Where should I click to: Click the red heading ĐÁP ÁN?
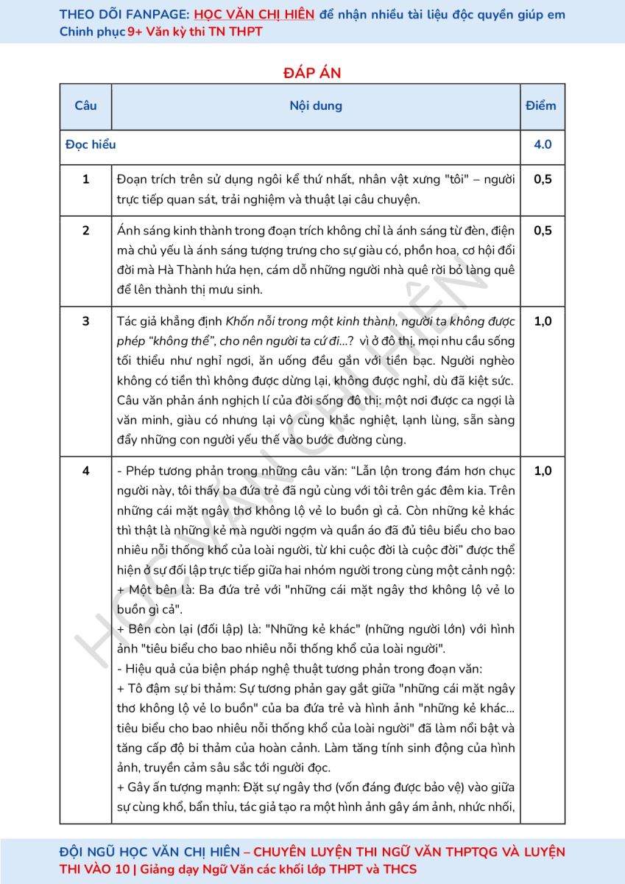pyautogui.click(x=312, y=72)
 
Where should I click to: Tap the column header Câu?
pyautogui.click(x=85, y=105)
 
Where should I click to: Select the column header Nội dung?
pyautogui.click(x=316, y=105)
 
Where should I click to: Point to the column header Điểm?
pyautogui.click(x=541, y=105)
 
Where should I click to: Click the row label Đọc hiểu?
pyautogui.click(x=91, y=144)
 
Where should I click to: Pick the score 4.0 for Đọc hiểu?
pyautogui.click(x=543, y=144)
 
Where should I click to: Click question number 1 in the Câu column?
pyautogui.click(x=86, y=179)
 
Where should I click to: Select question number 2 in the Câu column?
pyautogui.click(x=86, y=231)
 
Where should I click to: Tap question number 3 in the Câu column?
pyautogui.click(x=86, y=321)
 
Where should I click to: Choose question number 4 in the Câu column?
pyautogui.click(x=86, y=471)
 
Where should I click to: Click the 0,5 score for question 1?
pyautogui.click(x=543, y=179)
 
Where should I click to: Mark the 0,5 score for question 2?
pyautogui.click(x=543, y=231)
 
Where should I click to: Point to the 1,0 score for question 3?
pyautogui.click(x=543, y=321)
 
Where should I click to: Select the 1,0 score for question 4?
pyautogui.click(x=543, y=471)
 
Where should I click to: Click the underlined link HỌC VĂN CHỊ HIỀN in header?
pyautogui.click(x=255, y=14)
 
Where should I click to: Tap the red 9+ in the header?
pyautogui.click(x=135, y=32)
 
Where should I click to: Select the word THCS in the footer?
pyautogui.click(x=400, y=869)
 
